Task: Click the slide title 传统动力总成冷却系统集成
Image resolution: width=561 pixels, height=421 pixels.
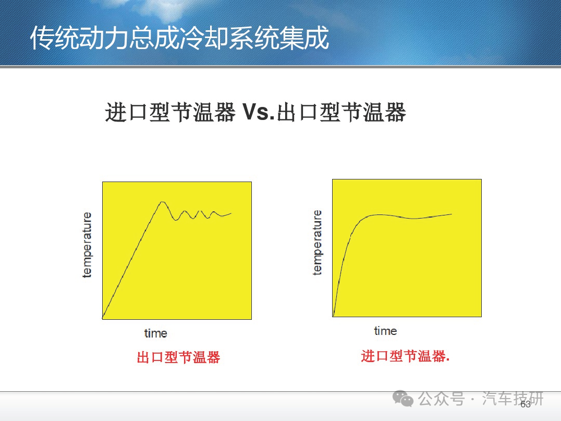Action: tap(179, 38)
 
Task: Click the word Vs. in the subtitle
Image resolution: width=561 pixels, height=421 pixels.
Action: tap(258, 112)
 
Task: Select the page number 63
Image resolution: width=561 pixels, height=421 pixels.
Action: tap(526, 404)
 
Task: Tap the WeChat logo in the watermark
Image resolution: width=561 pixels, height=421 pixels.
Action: tap(403, 399)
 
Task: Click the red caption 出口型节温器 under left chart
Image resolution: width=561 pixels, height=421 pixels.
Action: tap(178, 357)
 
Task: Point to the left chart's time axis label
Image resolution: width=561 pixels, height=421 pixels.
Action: tap(156, 333)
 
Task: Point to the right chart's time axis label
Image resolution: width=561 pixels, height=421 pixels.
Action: tap(385, 331)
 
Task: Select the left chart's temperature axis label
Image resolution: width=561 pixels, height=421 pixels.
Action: tap(87, 245)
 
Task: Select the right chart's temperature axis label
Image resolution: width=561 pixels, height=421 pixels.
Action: tap(317, 243)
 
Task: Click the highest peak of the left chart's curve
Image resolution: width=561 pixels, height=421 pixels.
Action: tap(163, 202)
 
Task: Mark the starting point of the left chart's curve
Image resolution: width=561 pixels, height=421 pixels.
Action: tap(103, 318)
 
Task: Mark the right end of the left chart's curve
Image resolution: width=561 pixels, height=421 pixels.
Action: tap(231, 213)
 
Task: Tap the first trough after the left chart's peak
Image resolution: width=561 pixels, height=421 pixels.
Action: tap(176, 220)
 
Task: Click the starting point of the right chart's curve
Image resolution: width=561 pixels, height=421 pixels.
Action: tap(334, 316)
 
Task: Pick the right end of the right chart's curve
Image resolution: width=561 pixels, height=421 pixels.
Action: tap(452, 214)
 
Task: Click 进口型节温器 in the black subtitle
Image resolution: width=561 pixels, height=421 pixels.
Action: tap(170, 112)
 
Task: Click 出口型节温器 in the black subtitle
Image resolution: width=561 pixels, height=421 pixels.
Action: tap(342, 112)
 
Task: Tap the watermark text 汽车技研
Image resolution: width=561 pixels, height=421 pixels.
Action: tap(513, 399)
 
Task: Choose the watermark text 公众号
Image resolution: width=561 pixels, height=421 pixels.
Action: tap(442, 399)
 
